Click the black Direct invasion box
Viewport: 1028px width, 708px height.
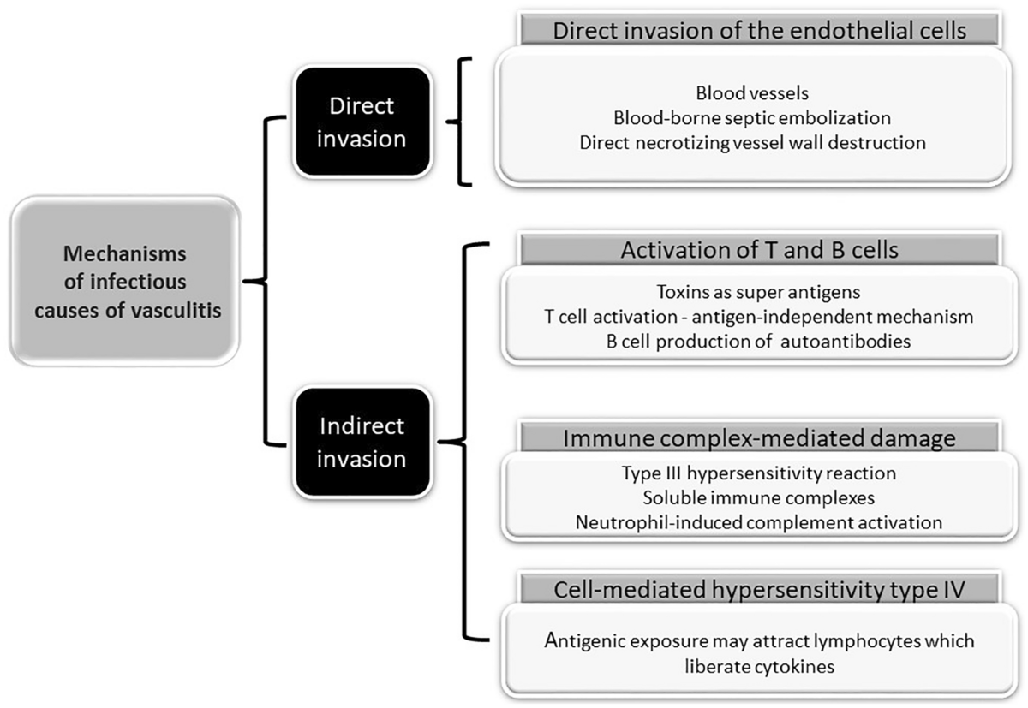pyautogui.click(x=362, y=122)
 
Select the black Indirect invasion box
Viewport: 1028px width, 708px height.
pyautogui.click(x=362, y=442)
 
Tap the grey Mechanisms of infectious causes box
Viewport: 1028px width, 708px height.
pyautogui.click(x=125, y=281)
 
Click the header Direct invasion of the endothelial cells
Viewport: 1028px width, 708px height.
pyautogui.click(x=760, y=30)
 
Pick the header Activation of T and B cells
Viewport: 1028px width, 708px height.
pyautogui.click(x=760, y=250)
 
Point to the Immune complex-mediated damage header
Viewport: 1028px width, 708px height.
pyautogui.click(x=760, y=438)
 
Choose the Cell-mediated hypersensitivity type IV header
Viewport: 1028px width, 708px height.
pyautogui.click(x=760, y=589)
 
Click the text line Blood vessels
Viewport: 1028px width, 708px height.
pyautogui.click(x=752, y=93)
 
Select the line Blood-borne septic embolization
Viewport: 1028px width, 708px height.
pyautogui.click(x=752, y=118)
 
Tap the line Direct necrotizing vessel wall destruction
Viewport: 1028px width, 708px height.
pyautogui.click(x=753, y=143)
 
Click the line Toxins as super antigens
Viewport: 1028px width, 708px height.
pyautogui.click(x=759, y=292)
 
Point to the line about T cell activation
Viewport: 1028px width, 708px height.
pyautogui.click(x=759, y=317)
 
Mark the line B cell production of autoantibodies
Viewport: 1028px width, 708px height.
pyautogui.click(x=759, y=342)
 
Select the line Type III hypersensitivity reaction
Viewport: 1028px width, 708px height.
pyautogui.click(x=759, y=473)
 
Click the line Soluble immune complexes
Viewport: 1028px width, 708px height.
pyautogui.click(x=759, y=498)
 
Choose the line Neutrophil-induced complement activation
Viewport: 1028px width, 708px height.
pyautogui.click(x=759, y=523)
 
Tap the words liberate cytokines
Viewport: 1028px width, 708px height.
pyautogui.click(x=760, y=666)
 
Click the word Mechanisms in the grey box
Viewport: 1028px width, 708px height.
pyautogui.click(x=125, y=253)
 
